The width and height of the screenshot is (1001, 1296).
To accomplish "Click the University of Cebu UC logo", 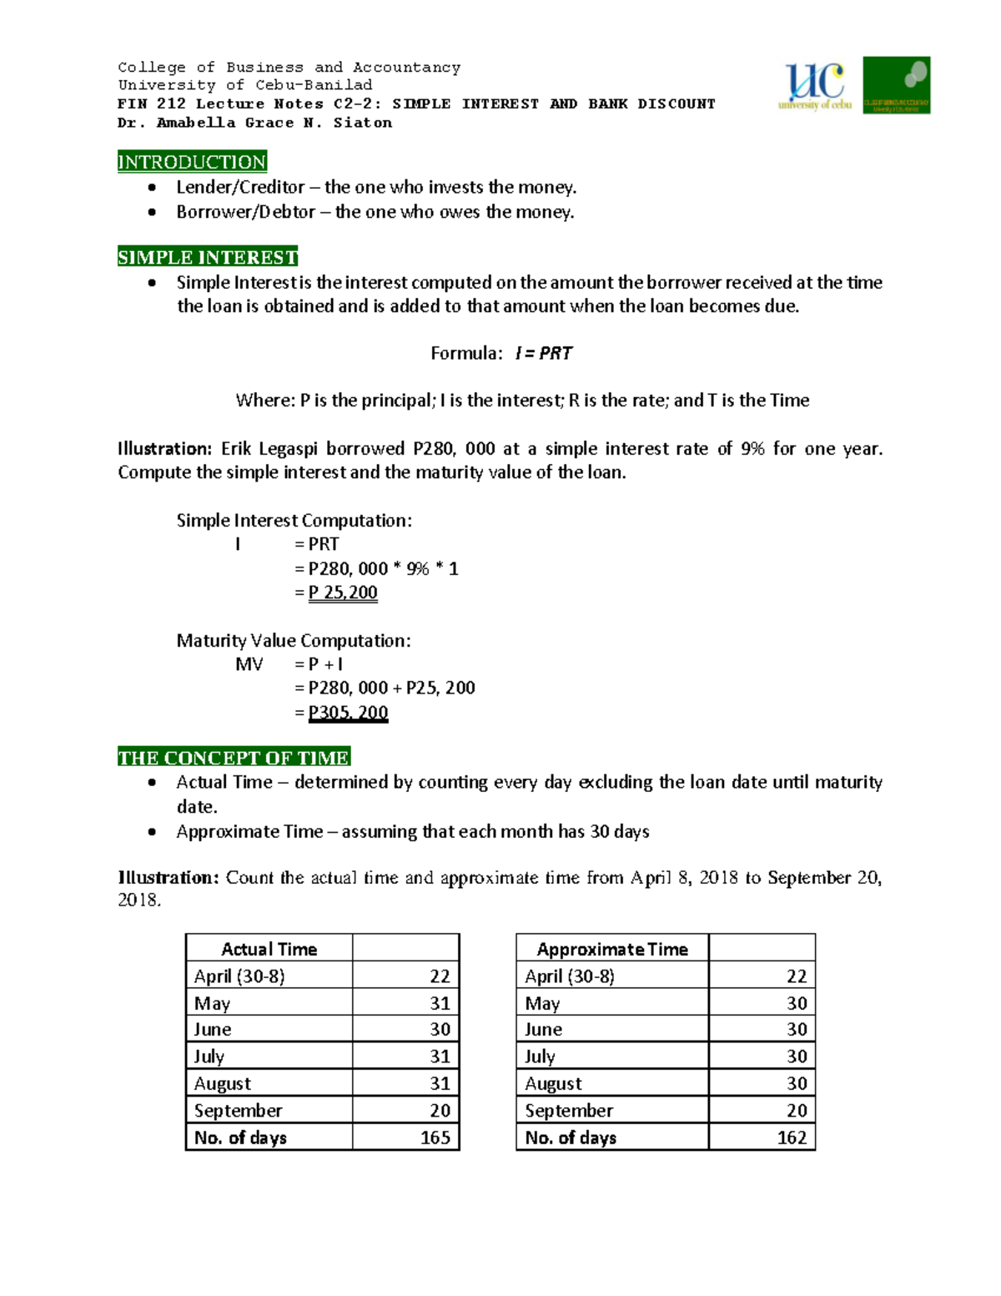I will pyautogui.click(x=814, y=85).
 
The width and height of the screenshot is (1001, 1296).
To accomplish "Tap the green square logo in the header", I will pyautogui.click(x=896, y=85).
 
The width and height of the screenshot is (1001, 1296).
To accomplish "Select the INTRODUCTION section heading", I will pyautogui.click(x=192, y=162).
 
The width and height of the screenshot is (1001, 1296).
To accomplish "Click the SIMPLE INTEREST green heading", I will pyautogui.click(x=208, y=257).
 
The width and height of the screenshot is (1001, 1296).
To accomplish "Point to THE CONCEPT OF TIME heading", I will pyautogui.click(x=234, y=758).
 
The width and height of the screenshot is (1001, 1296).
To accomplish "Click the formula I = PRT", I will pyautogui.click(x=543, y=353).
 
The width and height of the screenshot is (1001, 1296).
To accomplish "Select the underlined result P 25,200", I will pyautogui.click(x=343, y=593).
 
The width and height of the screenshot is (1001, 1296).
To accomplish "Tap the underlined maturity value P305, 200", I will pyautogui.click(x=348, y=713).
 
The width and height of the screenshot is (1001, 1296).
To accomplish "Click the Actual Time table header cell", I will pyautogui.click(x=269, y=949).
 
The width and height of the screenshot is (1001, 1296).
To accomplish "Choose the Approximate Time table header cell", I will pyautogui.click(x=612, y=949).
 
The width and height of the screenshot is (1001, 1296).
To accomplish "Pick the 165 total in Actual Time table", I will pyautogui.click(x=435, y=1137).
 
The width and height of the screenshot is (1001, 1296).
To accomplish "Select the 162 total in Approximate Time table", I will pyautogui.click(x=792, y=1137).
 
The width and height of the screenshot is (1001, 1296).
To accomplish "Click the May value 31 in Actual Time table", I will pyautogui.click(x=440, y=1003).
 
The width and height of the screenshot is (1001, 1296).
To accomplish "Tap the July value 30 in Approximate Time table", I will pyautogui.click(x=797, y=1056).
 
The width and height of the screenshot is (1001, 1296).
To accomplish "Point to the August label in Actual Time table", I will pyautogui.click(x=222, y=1083).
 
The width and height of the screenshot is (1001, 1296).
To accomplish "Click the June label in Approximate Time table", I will pyautogui.click(x=543, y=1030).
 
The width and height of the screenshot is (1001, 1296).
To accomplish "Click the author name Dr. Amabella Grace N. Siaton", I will pyautogui.click(x=254, y=123).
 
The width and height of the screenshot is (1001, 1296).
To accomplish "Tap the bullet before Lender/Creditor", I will pyautogui.click(x=152, y=188).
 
